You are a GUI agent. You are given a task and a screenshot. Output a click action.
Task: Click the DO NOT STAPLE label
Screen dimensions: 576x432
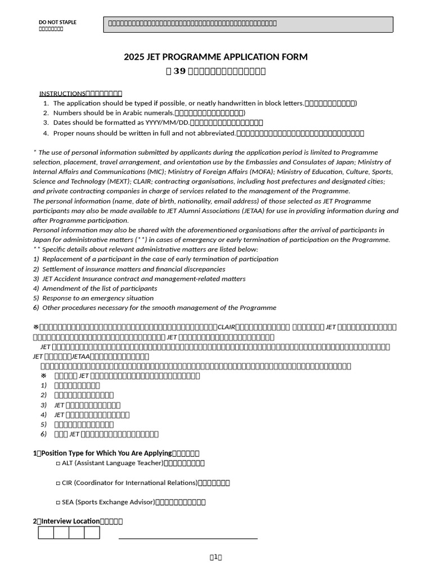click(x=57, y=22)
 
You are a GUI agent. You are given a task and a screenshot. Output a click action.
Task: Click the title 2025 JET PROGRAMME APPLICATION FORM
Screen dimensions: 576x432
click(x=215, y=57)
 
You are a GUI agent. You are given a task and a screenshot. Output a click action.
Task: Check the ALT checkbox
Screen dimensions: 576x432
click(x=58, y=463)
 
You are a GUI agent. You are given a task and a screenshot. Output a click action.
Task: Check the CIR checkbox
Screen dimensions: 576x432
click(x=58, y=483)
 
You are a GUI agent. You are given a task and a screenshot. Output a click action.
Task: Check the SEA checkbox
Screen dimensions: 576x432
click(x=58, y=502)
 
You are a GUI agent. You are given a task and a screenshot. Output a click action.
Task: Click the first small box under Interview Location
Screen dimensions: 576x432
click(x=46, y=533)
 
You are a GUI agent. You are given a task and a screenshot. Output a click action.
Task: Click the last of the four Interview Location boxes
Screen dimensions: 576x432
click(x=92, y=533)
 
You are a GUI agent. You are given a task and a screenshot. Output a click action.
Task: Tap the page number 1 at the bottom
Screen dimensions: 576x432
click(x=215, y=557)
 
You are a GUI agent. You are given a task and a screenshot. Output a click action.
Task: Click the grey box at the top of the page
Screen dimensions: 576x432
click(x=248, y=24)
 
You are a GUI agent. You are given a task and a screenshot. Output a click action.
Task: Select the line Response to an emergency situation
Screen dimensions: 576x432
click(x=98, y=298)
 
